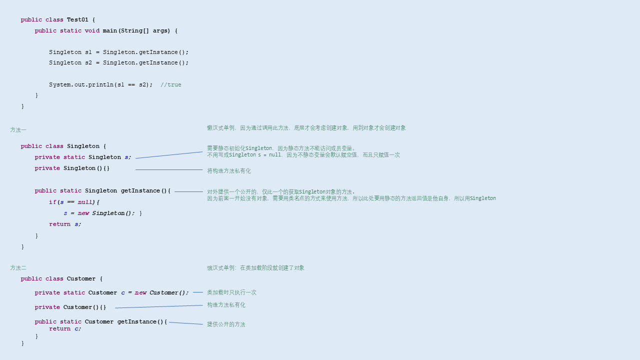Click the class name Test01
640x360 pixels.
pyautogui.click(x=77, y=20)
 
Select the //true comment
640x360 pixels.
pyautogui.click(x=171, y=85)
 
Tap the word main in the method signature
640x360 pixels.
pyautogui.click(x=109, y=31)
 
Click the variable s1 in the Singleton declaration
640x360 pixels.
pyautogui.click(x=88, y=52)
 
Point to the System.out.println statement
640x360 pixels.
pyautogui.click(x=100, y=85)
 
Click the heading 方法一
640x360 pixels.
pyautogui.click(x=18, y=130)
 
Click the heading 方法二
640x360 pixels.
pyautogui.click(x=18, y=268)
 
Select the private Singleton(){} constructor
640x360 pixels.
pyautogui.click(x=72, y=168)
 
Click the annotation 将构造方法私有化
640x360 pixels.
pyautogui.click(x=229, y=171)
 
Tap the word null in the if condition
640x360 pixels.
pyautogui.click(x=85, y=202)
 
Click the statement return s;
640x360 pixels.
pyautogui.click(x=65, y=224)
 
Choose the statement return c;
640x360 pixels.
pyautogui.click(x=65, y=329)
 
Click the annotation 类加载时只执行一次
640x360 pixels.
pyautogui.click(x=231, y=292)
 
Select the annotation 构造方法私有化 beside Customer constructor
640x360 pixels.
pyautogui.click(x=226, y=305)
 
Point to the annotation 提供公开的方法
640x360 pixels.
pyautogui.click(x=226, y=324)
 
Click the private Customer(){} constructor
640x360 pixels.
pyautogui.click(x=70, y=307)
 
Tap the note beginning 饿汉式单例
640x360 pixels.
pyautogui.click(x=255, y=268)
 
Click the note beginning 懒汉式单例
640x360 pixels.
pyautogui.click(x=306, y=128)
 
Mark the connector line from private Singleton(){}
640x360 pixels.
pyautogui.click(x=169, y=170)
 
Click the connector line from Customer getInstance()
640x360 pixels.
pyautogui.click(x=186, y=323)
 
